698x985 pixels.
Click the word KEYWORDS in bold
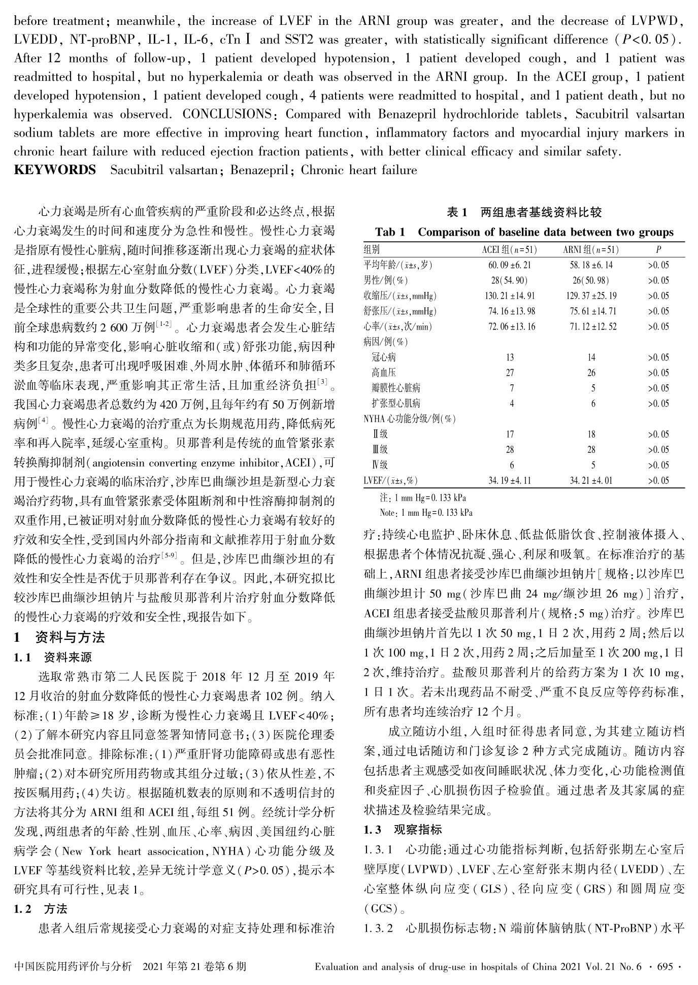pos(55,170)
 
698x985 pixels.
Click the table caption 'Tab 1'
pos(390,233)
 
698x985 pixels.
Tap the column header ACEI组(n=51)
pos(509,249)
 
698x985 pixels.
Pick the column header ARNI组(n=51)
pos(591,249)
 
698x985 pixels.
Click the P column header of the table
pos(658,249)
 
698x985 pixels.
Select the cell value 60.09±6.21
pos(509,265)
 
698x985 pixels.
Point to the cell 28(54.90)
pos(509,280)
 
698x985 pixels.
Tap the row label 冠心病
pos(384,357)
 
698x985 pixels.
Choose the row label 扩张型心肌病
pos(396,404)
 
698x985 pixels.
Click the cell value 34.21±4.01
pos(591,480)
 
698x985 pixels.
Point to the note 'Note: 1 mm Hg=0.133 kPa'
pos(426,513)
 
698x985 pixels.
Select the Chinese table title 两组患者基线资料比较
pos(541,212)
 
